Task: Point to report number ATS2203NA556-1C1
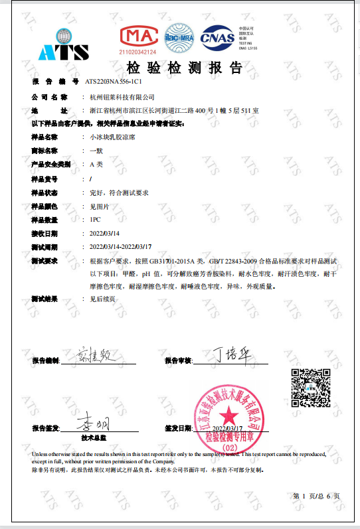114,81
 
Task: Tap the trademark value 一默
96,151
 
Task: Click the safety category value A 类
96,164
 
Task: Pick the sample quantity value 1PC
95,220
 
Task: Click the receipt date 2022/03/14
104,234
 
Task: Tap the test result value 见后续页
102,299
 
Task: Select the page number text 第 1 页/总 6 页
316,495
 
